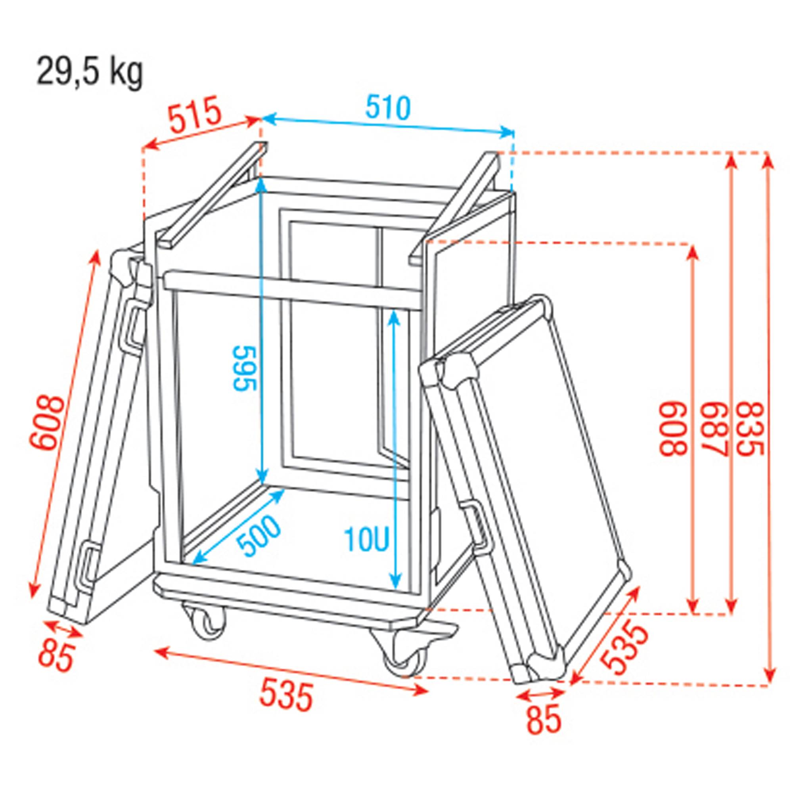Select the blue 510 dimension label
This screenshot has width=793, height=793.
tap(387, 107)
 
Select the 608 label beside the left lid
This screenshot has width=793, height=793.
tap(47, 423)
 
